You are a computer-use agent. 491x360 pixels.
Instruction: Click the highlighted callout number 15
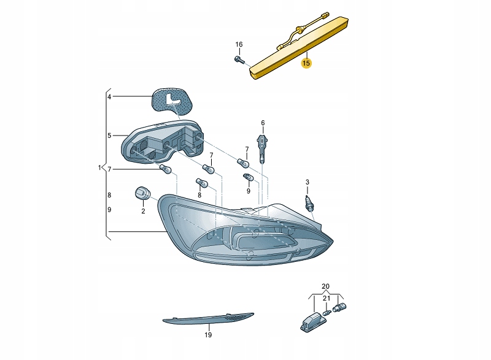coord(306,63)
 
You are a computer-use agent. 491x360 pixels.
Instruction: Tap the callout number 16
coord(239,45)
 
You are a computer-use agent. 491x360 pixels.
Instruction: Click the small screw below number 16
coord(239,59)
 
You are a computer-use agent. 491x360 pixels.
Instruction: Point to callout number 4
coord(109,97)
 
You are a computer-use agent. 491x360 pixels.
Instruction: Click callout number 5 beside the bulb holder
coord(109,136)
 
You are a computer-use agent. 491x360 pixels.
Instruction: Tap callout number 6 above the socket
coord(263,123)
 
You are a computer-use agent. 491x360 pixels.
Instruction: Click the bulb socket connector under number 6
coord(263,148)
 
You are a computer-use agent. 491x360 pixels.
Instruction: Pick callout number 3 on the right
coord(307,182)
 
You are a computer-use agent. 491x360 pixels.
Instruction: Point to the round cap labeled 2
coord(141,194)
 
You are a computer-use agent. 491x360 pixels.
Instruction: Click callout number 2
coord(143,212)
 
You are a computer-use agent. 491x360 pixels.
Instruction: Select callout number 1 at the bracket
coord(99,167)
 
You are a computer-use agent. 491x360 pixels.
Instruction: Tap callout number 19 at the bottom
coord(207,335)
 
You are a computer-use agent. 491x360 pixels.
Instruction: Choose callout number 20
coord(325,286)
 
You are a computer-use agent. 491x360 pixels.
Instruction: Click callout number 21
coord(327,299)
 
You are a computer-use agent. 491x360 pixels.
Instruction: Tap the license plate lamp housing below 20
coord(312,320)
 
